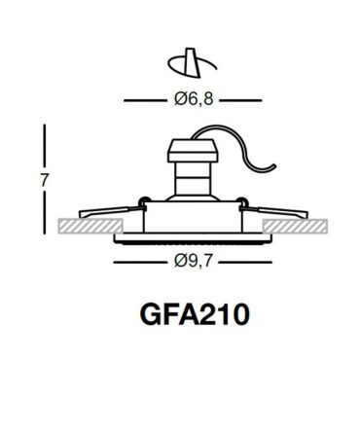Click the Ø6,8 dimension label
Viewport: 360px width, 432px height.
[x=194, y=99]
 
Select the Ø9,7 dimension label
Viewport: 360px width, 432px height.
[x=194, y=261]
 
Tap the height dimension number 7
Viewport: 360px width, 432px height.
[x=45, y=180]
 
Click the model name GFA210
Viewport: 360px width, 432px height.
[x=195, y=314]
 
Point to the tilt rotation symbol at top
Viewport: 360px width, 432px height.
[x=192, y=62]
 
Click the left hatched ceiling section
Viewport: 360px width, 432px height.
[x=90, y=226]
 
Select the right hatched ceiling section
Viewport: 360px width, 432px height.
[x=295, y=226]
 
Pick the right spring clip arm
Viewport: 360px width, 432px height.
[x=274, y=211]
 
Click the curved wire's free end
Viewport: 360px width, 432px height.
[x=274, y=165]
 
